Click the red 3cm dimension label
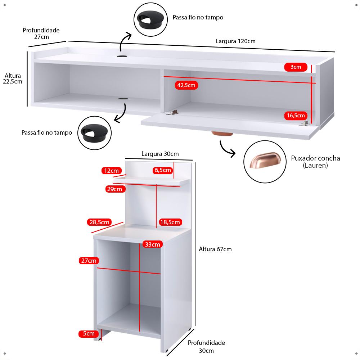click(296, 67)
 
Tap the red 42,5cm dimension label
click(186, 85)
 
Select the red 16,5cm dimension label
click(296, 116)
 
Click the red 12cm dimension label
click(110, 170)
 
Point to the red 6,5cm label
click(163, 170)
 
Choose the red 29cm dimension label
click(114, 189)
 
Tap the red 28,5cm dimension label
click(99, 222)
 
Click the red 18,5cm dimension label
click(170, 222)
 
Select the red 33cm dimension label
click(152, 244)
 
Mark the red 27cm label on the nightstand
click(89, 261)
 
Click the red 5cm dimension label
click(89, 334)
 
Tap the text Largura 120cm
click(235, 41)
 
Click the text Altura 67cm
click(215, 249)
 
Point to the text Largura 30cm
click(160, 154)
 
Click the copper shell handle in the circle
click(264, 162)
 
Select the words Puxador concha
click(315, 158)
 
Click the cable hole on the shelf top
click(122, 57)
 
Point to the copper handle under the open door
click(222, 134)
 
